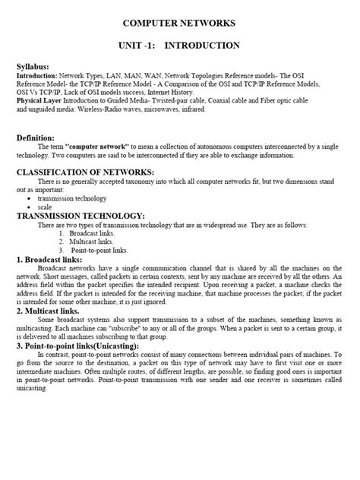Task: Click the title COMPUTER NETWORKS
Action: [x=179, y=24]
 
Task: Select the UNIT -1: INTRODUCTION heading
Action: [x=179, y=46]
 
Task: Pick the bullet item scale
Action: [x=45, y=207]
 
